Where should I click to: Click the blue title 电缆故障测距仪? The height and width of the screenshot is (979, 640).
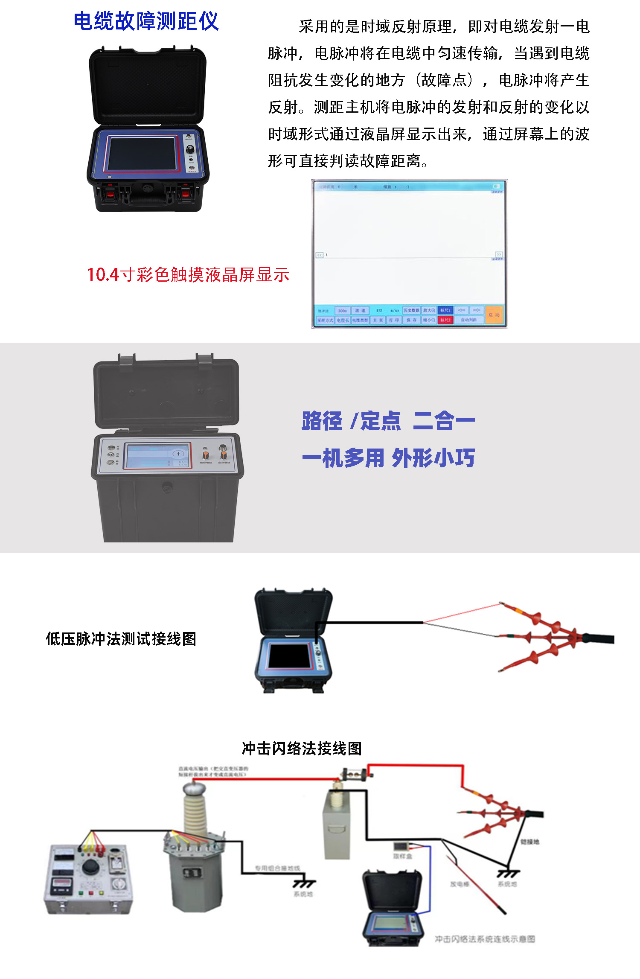[146, 21]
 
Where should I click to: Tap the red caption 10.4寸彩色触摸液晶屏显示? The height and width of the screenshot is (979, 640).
[188, 274]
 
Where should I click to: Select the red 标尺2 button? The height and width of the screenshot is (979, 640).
[445, 320]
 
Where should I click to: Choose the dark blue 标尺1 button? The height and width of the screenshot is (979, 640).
[445, 310]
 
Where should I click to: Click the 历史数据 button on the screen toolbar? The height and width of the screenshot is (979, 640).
[411, 310]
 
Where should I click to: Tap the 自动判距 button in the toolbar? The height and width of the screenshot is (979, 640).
[468, 320]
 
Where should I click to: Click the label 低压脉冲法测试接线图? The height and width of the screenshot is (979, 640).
[121, 639]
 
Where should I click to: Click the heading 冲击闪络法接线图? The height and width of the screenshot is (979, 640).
[302, 749]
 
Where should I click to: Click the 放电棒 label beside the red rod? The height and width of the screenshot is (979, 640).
[460, 884]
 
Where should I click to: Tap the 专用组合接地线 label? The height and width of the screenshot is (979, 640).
[277, 868]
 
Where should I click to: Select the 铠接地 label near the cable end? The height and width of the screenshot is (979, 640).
[529, 842]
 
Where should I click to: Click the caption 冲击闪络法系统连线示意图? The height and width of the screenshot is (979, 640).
[485, 939]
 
